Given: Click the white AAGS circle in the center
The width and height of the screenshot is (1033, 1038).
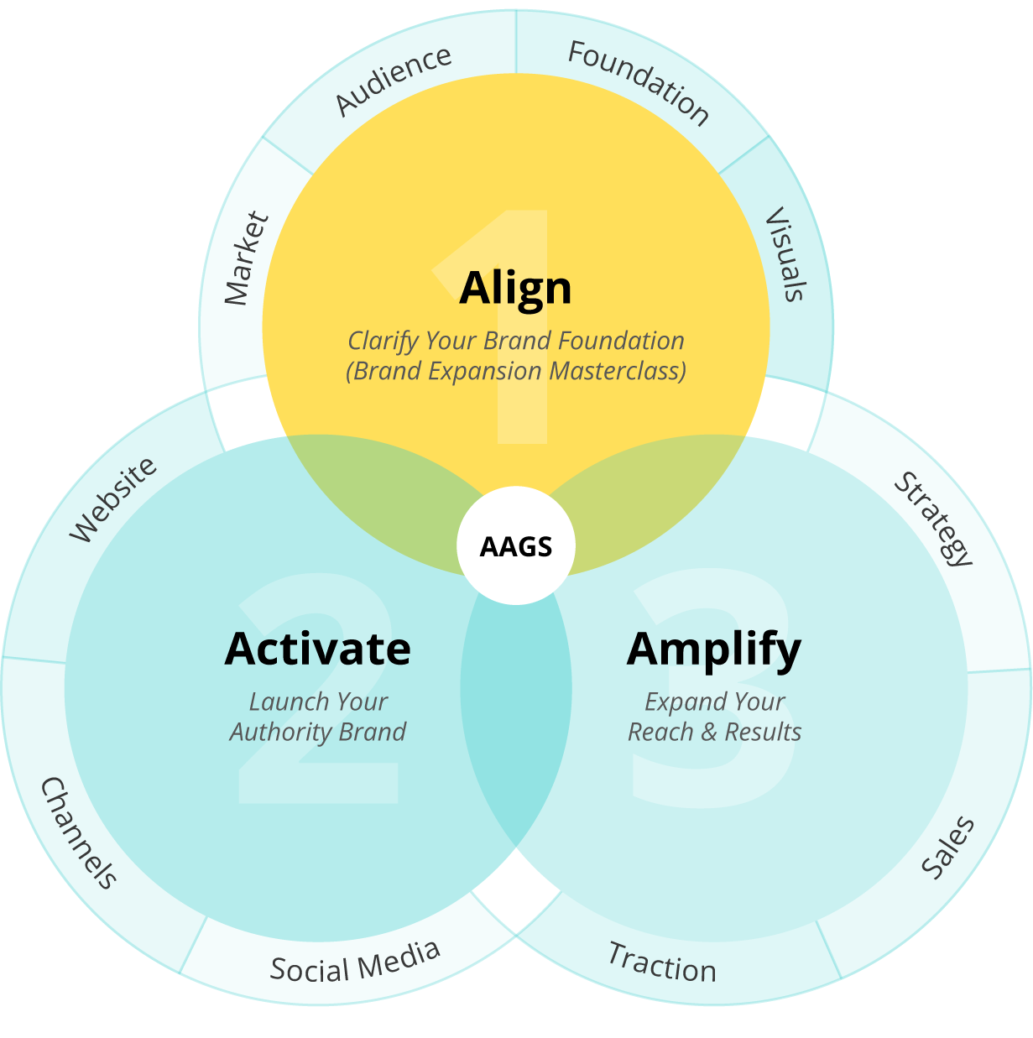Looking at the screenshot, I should [516, 546].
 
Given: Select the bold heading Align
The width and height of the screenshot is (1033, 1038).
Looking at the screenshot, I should [515, 288].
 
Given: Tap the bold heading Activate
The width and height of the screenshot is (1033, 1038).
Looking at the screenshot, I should [318, 649].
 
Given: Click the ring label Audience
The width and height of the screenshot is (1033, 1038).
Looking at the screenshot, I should [393, 80].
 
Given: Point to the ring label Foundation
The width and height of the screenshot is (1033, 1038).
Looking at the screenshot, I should [639, 81].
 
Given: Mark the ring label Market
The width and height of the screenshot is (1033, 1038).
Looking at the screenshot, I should [247, 258].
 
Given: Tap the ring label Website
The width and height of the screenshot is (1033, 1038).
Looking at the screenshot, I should [112, 499].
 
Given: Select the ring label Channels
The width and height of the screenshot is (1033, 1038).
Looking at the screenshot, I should [79, 832].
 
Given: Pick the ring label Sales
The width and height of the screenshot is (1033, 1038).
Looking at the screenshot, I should [948, 847].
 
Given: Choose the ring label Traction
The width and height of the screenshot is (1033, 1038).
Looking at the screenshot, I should [662, 962].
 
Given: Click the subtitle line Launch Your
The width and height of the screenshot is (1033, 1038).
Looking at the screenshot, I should [318, 702].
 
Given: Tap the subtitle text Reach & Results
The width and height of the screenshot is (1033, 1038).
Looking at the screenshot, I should [714, 732].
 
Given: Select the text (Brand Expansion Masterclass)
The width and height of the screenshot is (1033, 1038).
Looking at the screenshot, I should [516, 371].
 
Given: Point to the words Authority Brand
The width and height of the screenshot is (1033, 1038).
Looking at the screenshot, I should [318, 732].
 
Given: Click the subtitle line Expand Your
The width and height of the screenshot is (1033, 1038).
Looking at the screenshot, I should [714, 702].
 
